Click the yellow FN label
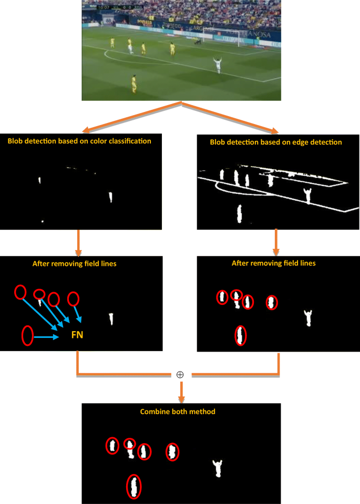[x=77, y=334]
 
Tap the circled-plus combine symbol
[x=180, y=375]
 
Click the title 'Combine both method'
[x=178, y=412]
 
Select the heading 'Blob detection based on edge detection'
[x=276, y=142]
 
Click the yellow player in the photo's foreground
[x=134, y=83]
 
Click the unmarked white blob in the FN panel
[x=111, y=318]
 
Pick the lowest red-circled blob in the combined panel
[x=135, y=487]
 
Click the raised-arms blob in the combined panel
[x=217, y=467]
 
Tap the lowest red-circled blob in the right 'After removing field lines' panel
[x=240, y=335]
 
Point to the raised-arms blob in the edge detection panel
[x=308, y=195]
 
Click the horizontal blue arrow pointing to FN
[x=47, y=337]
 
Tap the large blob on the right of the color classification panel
[x=110, y=197]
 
